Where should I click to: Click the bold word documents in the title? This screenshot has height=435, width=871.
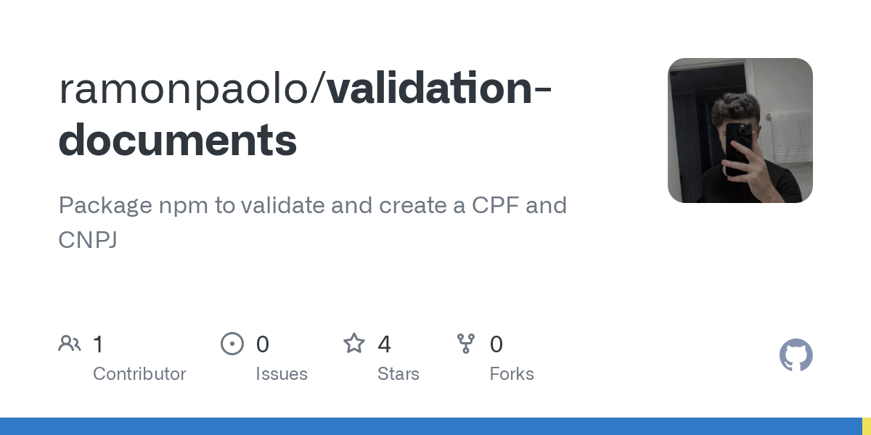click(x=178, y=140)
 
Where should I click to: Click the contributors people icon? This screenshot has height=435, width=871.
click(x=70, y=344)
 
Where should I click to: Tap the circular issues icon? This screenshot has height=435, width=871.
click(x=232, y=344)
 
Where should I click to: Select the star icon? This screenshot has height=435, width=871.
click(x=354, y=344)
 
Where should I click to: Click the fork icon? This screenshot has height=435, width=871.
click(x=466, y=344)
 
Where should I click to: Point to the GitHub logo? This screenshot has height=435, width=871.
click(x=796, y=356)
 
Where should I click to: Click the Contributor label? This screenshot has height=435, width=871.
click(x=139, y=374)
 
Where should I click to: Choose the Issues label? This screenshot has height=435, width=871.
click(x=282, y=374)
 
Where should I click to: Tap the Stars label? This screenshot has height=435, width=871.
click(x=398, y=374)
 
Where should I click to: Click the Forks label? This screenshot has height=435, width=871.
click(x=512, y=374)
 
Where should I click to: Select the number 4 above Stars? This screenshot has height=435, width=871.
click(x=384, y=344)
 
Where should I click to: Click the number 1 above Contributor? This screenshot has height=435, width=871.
click(x=98, y=344)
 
